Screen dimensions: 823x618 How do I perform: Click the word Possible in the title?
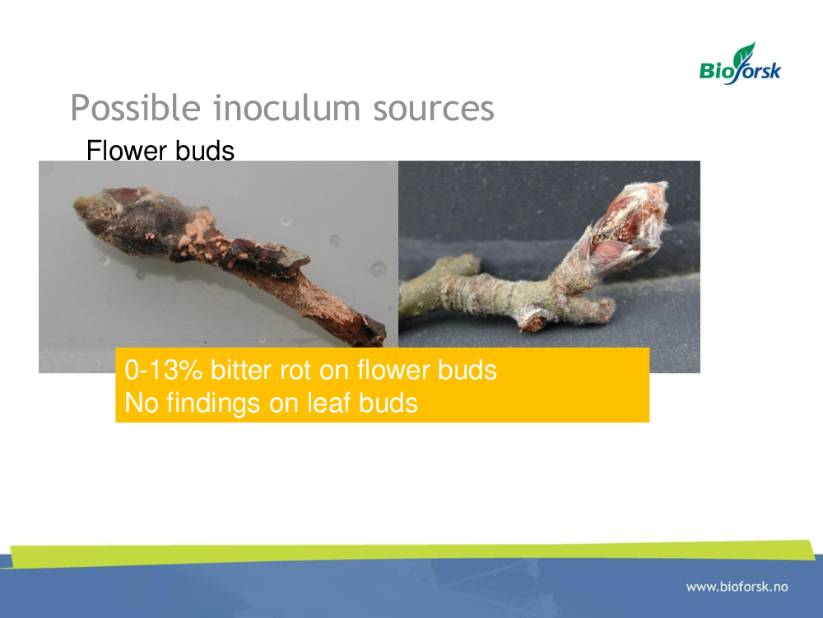tap(136, 108)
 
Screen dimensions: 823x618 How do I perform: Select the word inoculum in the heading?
tap(286, 108)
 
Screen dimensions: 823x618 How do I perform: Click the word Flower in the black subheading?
tap(126, 151)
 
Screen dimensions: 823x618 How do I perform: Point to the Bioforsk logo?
tap(740, 64)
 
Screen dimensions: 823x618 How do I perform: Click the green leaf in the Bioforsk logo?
tap(745, 54)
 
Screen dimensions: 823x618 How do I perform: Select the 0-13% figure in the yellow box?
tap(163, 370)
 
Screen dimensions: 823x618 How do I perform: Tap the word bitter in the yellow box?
tap(241, 370)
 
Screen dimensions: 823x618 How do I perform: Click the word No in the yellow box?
tap(142, 404)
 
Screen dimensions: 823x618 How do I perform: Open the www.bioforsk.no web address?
tap(737, 587)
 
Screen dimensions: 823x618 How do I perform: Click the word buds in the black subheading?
tap(205, 151)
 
